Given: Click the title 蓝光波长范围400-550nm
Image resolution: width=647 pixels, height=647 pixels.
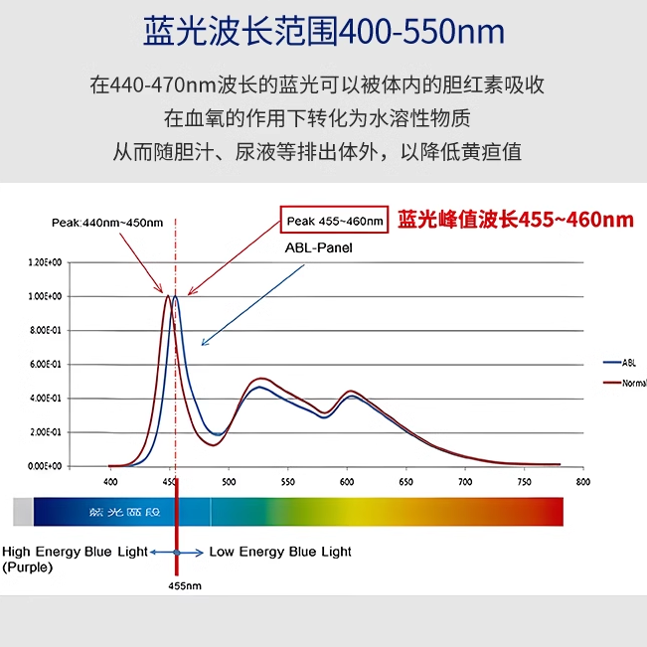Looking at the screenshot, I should click(x=323, y=34).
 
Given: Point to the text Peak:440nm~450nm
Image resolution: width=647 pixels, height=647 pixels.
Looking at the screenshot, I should click(x=107, y=222).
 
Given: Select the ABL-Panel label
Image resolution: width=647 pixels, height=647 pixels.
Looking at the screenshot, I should click(x=318, y=247).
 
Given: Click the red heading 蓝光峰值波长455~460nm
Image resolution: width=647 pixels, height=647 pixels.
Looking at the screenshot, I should click(x=516, y=220).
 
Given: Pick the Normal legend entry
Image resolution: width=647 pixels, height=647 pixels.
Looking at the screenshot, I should click(x=633, y=383).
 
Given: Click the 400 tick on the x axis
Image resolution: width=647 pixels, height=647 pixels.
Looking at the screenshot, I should click(x=109, y=482).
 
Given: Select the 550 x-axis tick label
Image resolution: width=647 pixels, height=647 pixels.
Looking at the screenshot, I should click(x=287, y=482).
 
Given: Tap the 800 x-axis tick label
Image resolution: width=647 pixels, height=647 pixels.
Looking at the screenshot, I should click(x=582, y=482).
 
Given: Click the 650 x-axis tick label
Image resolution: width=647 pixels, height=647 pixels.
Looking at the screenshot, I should click(x=405, y=482).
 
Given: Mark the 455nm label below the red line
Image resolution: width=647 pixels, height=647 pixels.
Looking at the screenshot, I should click(x=185, y=586).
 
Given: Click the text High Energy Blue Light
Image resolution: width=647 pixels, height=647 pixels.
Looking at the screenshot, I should click(x=76, y=552).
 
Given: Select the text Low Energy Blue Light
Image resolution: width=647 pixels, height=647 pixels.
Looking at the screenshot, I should click(x=280, y=552).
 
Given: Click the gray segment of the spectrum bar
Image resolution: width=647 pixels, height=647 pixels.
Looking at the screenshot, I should click(x=23, y=511).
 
